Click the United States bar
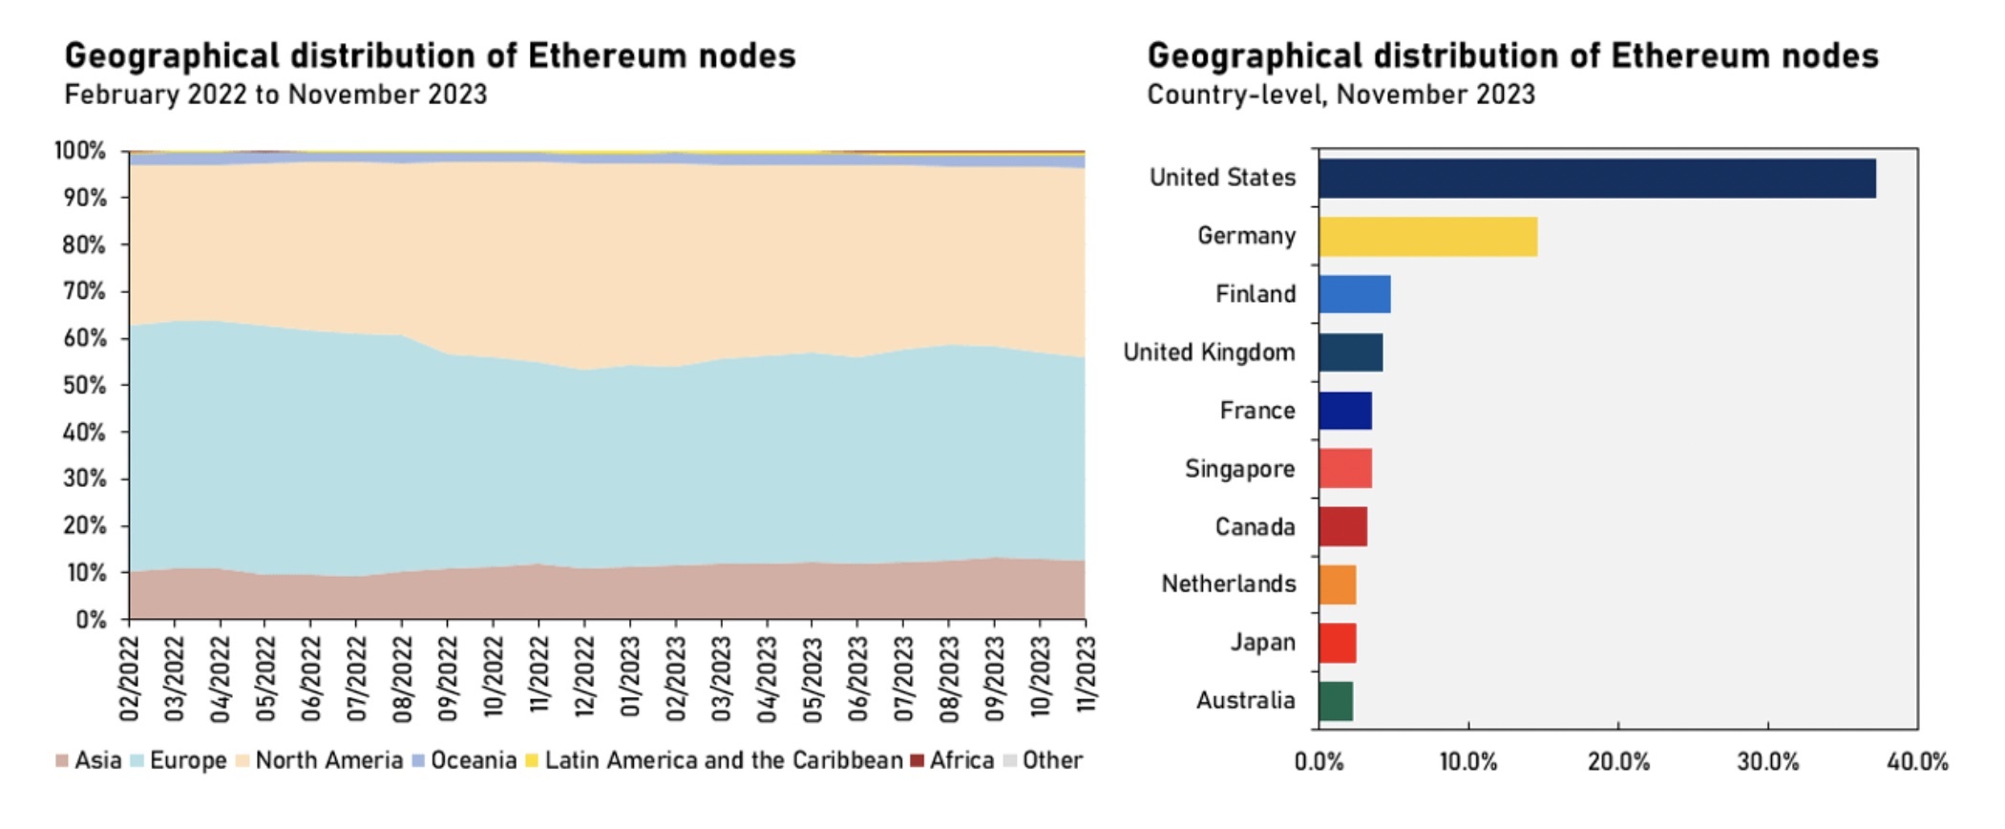(x=1596, y=179)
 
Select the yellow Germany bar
(x=1427, y=237)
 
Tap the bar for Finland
(x=1354, y=294)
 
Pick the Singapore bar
(x=1344, y=469)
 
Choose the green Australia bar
(x=1335, y=701)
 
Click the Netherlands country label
(x=1228, y=584)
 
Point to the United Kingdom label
(x=1209, y=352)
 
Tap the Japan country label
(x=1262, y=643)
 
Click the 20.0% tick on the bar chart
(x=1618, y=762)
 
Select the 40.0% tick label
(x=1917, y=762)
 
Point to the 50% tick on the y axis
(x=85, y=386)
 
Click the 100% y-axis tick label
(x=80, y=151)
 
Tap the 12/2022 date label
(x=584, y=678)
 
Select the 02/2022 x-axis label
(x=130, y=678)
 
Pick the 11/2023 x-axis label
(x=1086, y=678)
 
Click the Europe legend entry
(x=179, y=761)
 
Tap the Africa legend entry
(x=952, y=761)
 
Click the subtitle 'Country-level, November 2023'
(x=1340, y=96)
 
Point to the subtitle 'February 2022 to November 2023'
(x=275, y=96)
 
